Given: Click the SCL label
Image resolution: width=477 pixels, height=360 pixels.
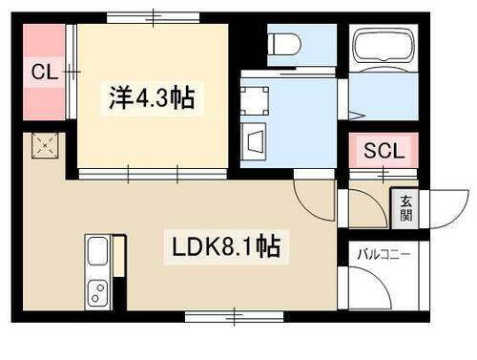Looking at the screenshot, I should tap(384, 150).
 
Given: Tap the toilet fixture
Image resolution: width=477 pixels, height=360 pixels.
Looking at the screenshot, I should tap(284, 42).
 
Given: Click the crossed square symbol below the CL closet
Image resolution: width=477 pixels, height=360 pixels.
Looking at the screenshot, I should tap(44, 145).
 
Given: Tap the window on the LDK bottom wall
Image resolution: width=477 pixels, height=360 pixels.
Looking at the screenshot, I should tap(234, 314).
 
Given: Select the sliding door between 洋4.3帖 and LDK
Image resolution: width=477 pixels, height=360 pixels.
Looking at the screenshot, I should tap(153, 173).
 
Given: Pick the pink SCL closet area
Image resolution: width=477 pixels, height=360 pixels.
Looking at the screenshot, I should tap(384, 151).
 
